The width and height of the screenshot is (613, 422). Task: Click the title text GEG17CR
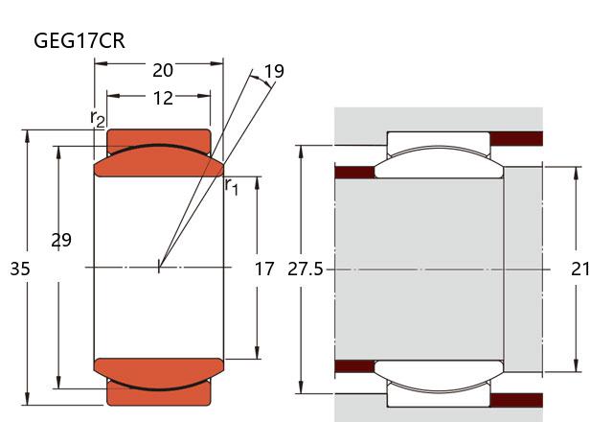79,40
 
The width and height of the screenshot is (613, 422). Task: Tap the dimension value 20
163,70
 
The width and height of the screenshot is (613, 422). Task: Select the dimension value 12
163,97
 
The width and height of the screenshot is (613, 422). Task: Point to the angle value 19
274,72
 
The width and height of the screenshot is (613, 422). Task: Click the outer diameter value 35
19,270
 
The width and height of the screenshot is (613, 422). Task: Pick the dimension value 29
60,241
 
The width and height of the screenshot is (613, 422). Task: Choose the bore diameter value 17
264,270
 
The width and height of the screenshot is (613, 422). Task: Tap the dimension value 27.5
306,270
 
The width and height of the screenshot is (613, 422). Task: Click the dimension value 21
580,270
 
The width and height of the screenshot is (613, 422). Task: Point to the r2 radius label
97,118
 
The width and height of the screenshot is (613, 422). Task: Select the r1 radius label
232,185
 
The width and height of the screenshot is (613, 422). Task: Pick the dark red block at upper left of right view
353,173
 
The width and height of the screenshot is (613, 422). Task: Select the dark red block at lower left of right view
353,365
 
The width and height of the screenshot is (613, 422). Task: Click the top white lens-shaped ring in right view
439,162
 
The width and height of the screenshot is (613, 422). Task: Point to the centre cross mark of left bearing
159,267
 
